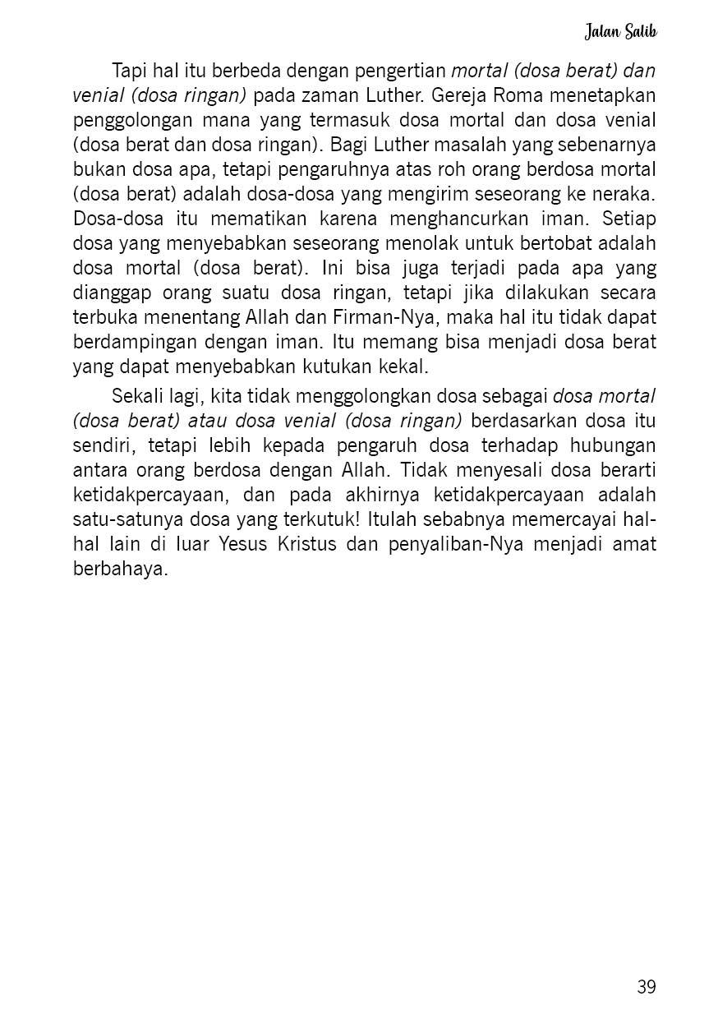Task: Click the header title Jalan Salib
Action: pyautogui.click(x=620, y=32)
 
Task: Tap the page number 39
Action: pyautogui.click(x=646, y=987)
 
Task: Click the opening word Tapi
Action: pyautogui.click(x=128, y=70)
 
